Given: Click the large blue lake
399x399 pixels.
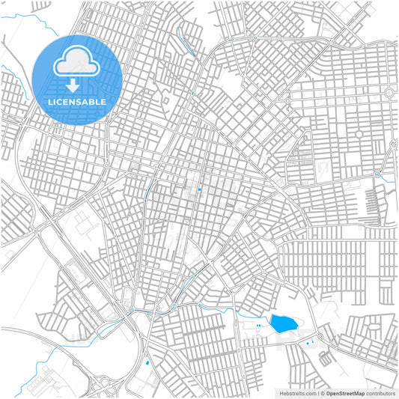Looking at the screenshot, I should [x=282, y=323].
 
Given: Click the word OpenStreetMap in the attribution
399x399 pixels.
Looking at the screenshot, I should [x=345, y=393].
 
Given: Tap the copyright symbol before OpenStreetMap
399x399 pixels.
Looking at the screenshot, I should [x=322, y=393].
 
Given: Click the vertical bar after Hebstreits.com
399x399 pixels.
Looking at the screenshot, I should [x=317, y=393].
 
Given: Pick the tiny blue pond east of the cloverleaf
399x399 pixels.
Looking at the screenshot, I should [x=147, y=364].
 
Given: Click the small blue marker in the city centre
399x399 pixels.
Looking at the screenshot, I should [x=200, y=189].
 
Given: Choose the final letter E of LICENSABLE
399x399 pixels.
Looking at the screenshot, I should [x=103, y=101].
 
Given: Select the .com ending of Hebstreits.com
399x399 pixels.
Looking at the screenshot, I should [x=309, y=393].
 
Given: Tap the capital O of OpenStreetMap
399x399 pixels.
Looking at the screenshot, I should [x=327, y=393].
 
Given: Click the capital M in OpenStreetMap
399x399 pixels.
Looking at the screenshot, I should [x=356, y=393].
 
